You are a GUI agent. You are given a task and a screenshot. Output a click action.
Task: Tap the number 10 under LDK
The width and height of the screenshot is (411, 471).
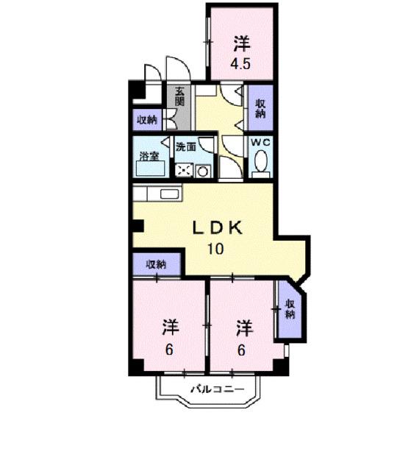click(x=215, y=248)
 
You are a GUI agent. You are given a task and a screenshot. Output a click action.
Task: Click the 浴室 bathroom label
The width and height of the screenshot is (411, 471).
click(x=149, y=156)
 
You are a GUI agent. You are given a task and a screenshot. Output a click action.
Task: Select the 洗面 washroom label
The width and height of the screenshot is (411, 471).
click(x=186, y=147)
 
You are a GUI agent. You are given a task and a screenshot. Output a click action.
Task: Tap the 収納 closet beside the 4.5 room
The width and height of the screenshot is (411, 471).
click(x=260, y=109)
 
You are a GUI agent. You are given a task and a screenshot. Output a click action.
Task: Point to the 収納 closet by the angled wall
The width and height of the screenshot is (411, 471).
click(x=290, y=309)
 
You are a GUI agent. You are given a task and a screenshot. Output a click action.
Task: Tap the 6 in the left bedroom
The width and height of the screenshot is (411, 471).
click(x=169, y=350)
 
